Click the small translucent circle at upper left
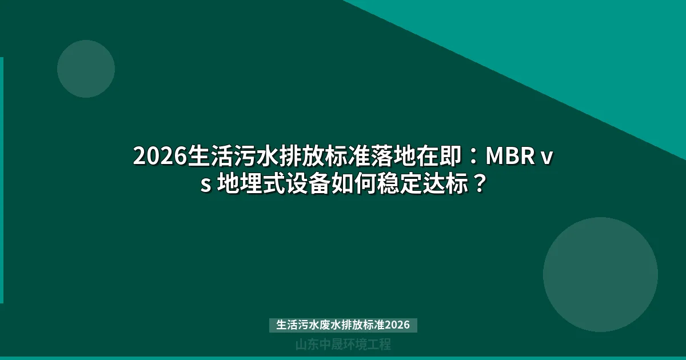(x=86, y=69)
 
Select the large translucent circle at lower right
(x=600, y=274)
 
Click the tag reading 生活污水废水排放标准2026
(x=343, y=325)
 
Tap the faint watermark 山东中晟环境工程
(x=343, y=345)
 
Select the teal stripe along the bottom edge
(x=343, y=358)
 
